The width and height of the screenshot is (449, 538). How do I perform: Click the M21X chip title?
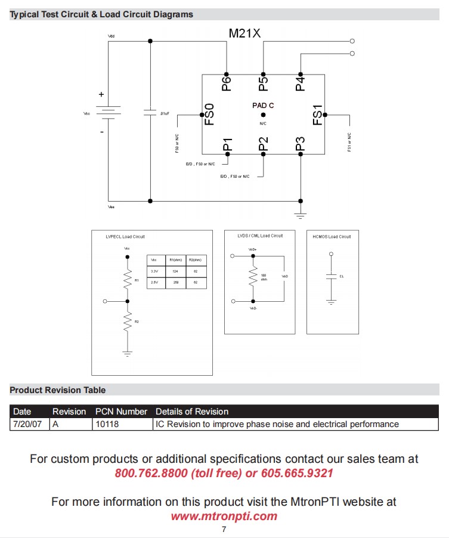click(x=244, y=33)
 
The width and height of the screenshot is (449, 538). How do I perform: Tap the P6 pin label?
click(x=226, y=84)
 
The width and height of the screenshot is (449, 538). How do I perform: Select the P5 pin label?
click(x=263, y=84)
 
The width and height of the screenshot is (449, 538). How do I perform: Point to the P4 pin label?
click(x=300, y=84)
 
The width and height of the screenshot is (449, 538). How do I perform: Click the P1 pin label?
click(x=227, y=144)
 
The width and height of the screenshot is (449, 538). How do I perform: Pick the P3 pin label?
click(x=300, y=144)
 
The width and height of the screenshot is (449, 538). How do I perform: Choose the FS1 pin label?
click(x=318, y=115)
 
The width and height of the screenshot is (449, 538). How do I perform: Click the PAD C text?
click(x=263, y=105)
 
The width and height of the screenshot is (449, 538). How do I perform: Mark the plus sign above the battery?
click(x=101, y=94)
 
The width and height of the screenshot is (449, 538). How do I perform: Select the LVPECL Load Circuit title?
click(x=125, y=237)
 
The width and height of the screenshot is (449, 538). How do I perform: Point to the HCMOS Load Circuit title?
click(x=332, y=237)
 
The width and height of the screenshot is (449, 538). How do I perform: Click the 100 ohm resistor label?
click(x=264, y=277)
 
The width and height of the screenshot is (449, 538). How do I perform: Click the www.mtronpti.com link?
click(x=224, y=517)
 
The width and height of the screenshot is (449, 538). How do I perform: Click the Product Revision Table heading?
click(x=58, y=390)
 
